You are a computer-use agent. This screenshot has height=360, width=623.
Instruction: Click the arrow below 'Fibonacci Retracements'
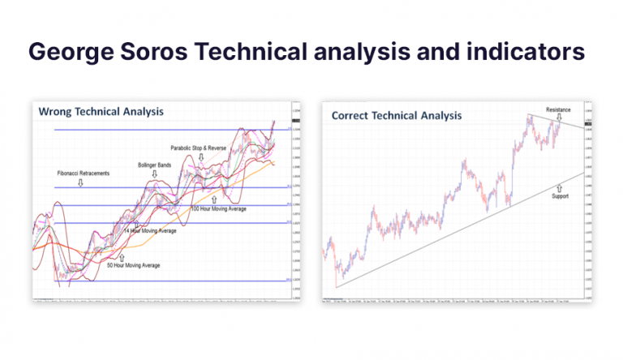coord(80,183)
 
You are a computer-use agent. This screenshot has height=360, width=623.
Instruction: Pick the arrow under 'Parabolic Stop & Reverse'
coord(200,157)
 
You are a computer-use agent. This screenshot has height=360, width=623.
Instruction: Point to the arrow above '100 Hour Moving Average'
coord(213,199)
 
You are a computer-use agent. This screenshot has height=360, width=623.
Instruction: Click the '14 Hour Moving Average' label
coord(150,231)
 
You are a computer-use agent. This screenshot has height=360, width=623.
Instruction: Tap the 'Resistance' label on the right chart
coord(558,109)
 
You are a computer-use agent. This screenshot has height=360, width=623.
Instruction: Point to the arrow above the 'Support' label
coord(559,186)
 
